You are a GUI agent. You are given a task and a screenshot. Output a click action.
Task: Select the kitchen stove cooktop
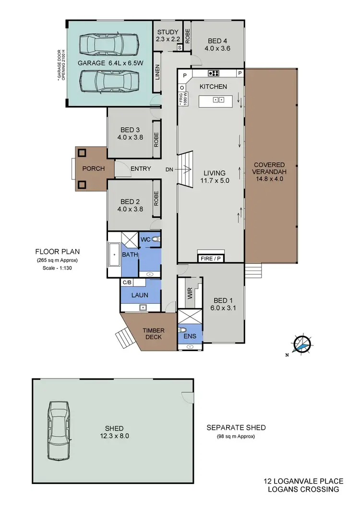(214, 73)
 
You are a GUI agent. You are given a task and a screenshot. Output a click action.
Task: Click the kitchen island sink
(219, 100)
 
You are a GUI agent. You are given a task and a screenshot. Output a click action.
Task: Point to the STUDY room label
(168, 33)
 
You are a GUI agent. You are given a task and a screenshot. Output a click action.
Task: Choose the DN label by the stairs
(169, 169)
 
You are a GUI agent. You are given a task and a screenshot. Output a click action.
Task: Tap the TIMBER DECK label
(154, 333)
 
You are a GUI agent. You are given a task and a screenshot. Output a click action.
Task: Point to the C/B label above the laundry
(127, 283)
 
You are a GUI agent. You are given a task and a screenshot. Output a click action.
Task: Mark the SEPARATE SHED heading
(236, 427)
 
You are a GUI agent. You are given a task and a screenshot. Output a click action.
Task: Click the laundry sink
(143, 307)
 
